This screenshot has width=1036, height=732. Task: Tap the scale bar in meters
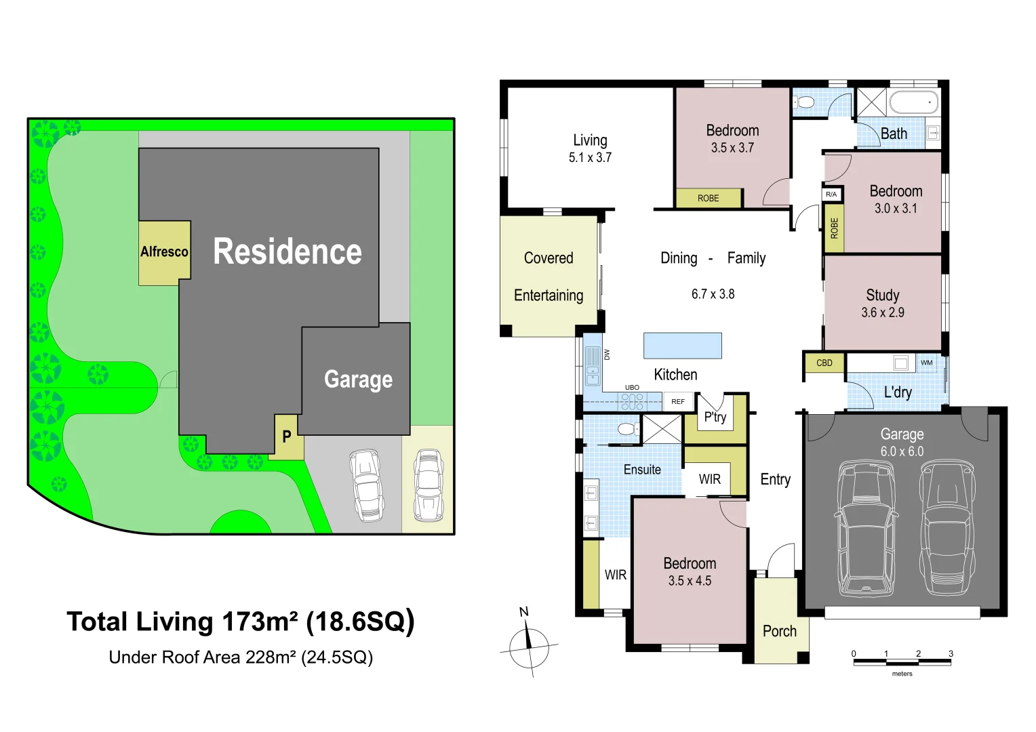click(902, 662)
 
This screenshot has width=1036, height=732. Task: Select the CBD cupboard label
click(824, 363)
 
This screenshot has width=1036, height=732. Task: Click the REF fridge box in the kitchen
click(678, 401)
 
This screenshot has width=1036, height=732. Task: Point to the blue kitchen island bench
click(683, 346)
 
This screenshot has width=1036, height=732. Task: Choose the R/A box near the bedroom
click(831, 195)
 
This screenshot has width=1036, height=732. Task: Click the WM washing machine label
click(926, 363)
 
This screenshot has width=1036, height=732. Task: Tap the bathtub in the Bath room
click(914, 102)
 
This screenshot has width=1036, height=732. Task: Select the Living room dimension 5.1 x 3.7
click(590, 158)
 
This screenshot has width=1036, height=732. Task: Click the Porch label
click(780, 631)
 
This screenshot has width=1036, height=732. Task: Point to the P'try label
click(715, 417)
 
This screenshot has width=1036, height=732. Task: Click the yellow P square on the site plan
click(286, 436)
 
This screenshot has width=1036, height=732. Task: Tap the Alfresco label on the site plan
click(164, 251)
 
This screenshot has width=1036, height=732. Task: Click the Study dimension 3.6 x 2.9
click(883, 312)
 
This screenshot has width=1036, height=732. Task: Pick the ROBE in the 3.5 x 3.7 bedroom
click(708, 199)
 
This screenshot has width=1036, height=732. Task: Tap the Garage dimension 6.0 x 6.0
click(902, 451)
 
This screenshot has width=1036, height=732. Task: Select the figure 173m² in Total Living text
click(260, 622)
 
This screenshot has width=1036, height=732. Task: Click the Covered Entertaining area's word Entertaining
click(549, 296)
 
